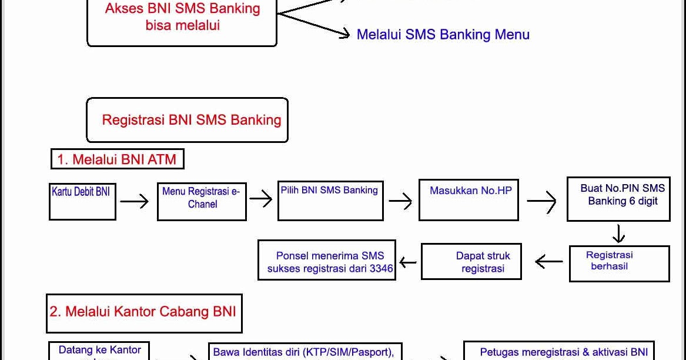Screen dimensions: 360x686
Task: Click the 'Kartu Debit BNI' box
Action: [82, 202]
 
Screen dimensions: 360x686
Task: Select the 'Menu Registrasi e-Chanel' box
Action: [202, 201]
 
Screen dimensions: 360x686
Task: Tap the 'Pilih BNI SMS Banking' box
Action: [330, 201]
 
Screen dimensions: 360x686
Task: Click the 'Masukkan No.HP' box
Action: [469, 200]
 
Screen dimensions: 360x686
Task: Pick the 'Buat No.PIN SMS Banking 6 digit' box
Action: [618, 199]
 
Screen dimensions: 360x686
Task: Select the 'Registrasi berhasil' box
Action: [619, 263]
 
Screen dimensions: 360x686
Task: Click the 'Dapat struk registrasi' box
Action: [471, 262]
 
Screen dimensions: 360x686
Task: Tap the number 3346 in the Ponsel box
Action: [382, 269]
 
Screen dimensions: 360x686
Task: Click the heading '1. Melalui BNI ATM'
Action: [117, 159]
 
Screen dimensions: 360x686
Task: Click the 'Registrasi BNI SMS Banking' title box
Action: [188, 120]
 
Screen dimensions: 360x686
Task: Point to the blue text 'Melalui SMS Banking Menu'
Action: [443, 35]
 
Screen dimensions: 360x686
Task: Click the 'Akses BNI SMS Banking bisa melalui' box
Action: [182, 18]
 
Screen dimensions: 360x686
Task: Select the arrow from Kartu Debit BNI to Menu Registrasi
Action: [135, 202]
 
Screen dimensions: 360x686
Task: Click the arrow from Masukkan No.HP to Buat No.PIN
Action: [541, 202]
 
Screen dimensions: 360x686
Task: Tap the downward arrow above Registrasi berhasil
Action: [618, 234]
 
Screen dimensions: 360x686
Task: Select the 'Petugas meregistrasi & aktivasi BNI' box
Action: [558, 351]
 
